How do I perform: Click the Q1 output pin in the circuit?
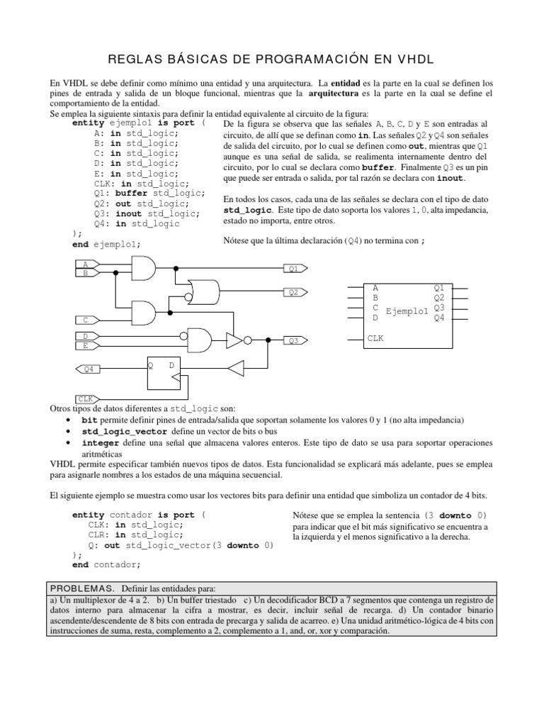click(x=295, y=269)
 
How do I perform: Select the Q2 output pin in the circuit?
click(x=295, y=292)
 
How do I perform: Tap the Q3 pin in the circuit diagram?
click(x=295, y=340)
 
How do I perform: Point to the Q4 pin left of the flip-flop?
click(x=89, y=369)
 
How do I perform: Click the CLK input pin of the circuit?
click(x=86, y=399)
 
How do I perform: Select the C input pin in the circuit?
click(x=86, y=320)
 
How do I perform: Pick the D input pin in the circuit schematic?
click(x=86, y=335)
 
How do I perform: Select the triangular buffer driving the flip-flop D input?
click(x=235, y=367)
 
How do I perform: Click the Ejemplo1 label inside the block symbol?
click(x=407, y=312)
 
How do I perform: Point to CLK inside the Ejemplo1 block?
click(x=375, y=339)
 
